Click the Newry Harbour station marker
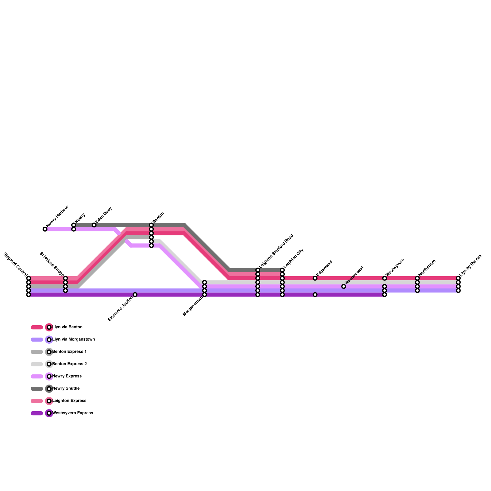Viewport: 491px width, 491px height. (x=45, y=229)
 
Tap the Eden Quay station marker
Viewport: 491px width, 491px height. (x=94, y=225)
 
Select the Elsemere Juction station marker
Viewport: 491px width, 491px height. (x=135, y=295)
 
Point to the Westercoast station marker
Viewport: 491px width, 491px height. (x=344, y=286)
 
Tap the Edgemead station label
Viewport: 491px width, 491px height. (x=324, y=269)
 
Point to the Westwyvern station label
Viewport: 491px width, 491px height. (x=395, y=267)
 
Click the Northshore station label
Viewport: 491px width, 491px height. (x=427, y=268)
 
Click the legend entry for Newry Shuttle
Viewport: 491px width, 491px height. (x=66, y=389)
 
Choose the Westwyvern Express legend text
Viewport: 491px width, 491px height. (x=73, y=413)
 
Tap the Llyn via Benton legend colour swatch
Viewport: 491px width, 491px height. (x=37, y=327)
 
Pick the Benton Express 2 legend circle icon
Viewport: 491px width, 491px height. (x=49, y=364)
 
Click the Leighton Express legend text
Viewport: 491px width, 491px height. (x=69, y=401)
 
